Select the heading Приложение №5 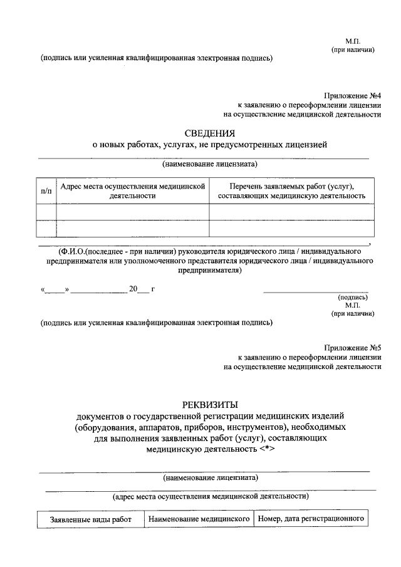click(353, 347)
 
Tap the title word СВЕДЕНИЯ click(210, 133)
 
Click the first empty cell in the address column click(132, 213)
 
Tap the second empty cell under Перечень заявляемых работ click(291, 229)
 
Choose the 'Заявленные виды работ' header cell click(91, 520)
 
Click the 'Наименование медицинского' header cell click(199, 519)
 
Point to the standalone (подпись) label click(353, 297)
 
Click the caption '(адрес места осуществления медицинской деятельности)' click(210, 496)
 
